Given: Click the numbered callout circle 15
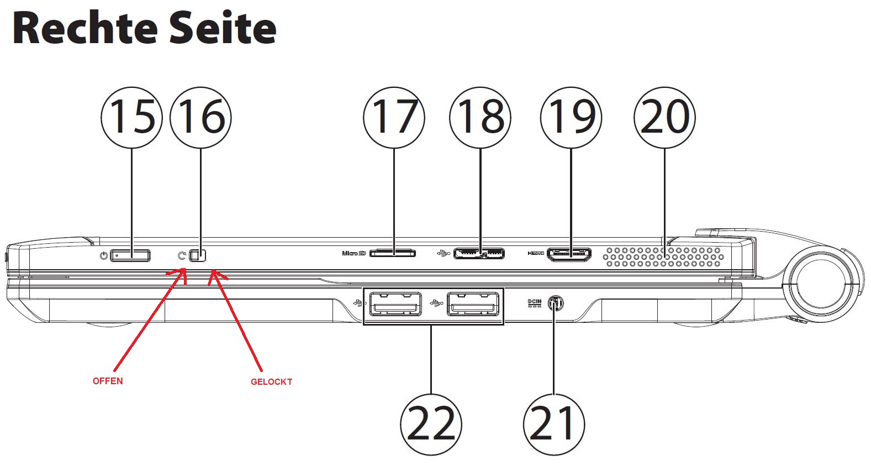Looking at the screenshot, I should [131, 117].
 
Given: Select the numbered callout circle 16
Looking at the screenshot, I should [200, 117].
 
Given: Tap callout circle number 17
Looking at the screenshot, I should [394, 117].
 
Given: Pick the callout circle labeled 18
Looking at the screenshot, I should [480, 117].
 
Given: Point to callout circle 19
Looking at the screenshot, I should [571, 117].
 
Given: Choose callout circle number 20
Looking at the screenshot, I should [664, 117].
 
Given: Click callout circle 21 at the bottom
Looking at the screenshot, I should [553, 424].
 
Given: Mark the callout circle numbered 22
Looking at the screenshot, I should [431, 424].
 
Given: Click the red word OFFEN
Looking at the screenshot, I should [108, 381].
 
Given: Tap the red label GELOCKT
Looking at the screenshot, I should [271, 381].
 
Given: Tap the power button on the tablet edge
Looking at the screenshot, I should [130, 255].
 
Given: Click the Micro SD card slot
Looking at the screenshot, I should [393, 253].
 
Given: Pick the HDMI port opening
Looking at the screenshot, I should [569, 254].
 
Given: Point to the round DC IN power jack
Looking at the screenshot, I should [555, 303].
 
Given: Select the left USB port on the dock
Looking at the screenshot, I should [395, 305].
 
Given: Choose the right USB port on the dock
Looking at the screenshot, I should [472, 305].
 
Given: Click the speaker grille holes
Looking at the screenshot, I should [663, 257].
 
